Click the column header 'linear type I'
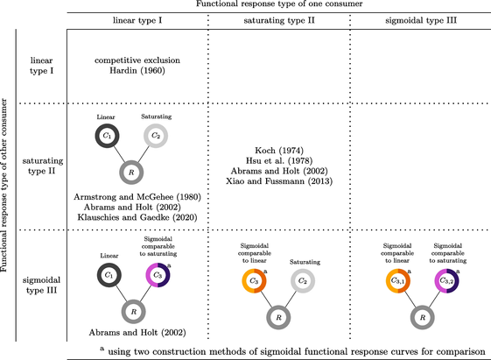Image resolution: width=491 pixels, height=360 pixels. coord(137,20)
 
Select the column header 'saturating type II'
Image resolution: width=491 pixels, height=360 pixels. coord(279,20)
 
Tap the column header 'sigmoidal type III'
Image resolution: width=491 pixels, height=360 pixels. coord(421,20)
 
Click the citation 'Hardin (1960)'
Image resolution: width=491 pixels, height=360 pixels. coord(137,70)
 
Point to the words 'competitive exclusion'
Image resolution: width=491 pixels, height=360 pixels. coord(137,60)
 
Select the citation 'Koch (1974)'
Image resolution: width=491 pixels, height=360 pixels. coord(279,151)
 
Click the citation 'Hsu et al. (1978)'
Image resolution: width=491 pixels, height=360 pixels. coord(279,161)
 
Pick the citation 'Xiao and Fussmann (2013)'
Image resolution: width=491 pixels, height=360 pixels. coord(279,181)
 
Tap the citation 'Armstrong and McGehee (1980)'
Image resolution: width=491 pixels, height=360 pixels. coord(137,197)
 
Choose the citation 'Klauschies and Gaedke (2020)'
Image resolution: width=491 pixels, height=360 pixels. coord(137,217)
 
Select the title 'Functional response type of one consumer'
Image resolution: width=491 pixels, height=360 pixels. coord(279,4)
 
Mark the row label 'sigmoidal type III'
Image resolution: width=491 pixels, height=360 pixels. coord(41,286)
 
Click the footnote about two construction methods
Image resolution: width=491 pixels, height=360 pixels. coord(292,351)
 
